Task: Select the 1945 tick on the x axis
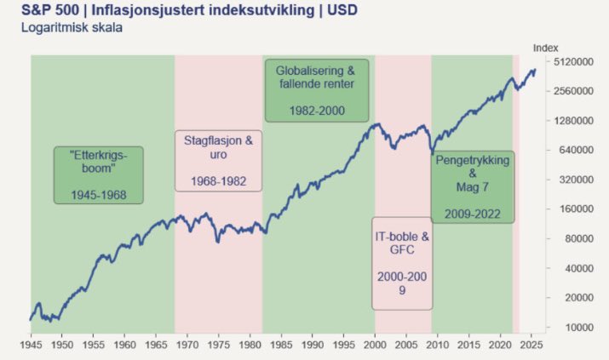pos(30,347)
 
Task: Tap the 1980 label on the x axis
pos(250,347)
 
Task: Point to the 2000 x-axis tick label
pos(375,347)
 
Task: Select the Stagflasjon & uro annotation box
pos(219,160)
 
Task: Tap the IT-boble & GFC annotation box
pos(402,262)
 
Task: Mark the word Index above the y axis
pos(544,48)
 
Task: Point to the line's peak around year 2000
pos(376,124)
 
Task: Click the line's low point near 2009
pos(432,154)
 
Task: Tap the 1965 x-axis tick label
pos(155,347)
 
